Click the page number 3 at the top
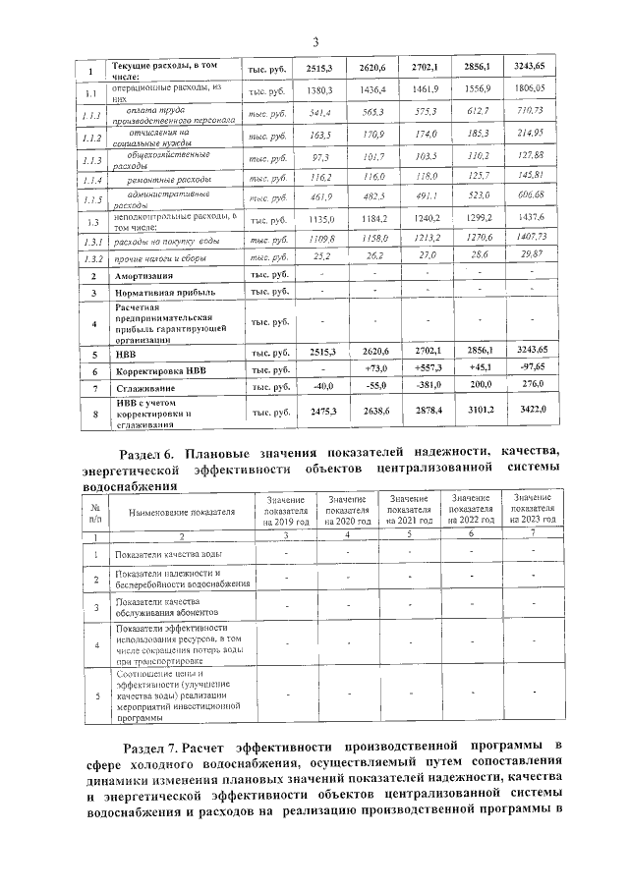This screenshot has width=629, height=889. click(314, 41)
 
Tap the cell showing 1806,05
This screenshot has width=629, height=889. click(530, 88)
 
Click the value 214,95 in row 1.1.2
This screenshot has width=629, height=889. click(530, 133)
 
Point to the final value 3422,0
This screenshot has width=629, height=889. click(530, 409)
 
